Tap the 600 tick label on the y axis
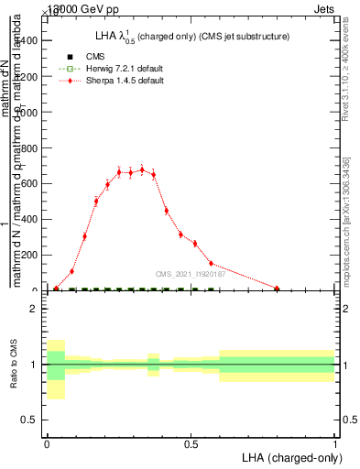(x=27, y=183)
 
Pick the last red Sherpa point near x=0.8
(x=277, y=288)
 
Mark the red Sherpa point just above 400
(x=166, y=211)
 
